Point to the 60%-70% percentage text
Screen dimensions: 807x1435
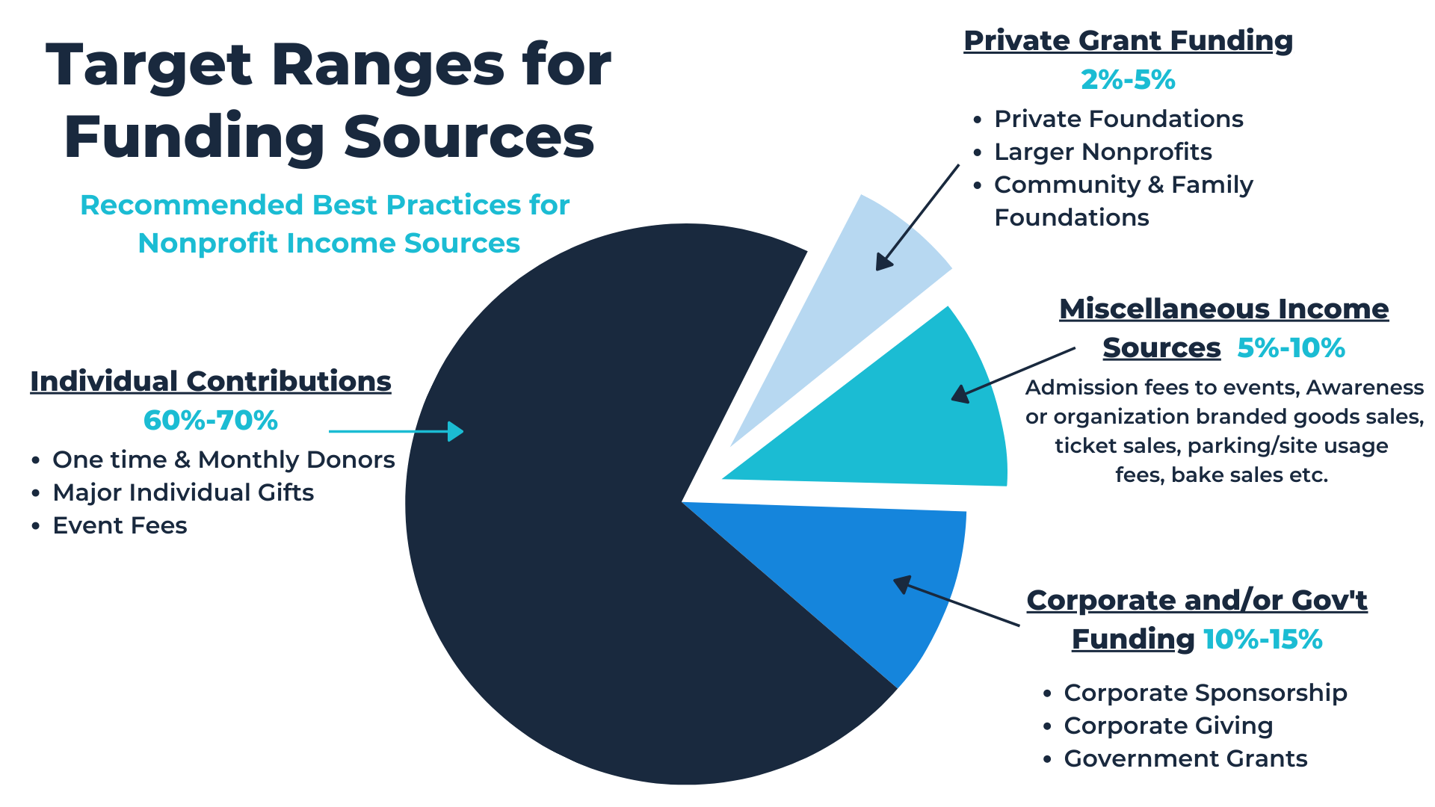tap(211, 421)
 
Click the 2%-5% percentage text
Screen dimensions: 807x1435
tap(1128, 80)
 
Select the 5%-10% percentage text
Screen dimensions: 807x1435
tap(1291, 348)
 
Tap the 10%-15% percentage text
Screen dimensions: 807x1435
tap(1262, 640)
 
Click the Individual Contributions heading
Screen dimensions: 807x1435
tap(211, 381)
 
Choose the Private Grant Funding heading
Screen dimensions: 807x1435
tap(1128, 40)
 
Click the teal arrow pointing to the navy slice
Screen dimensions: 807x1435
tap(396, 431)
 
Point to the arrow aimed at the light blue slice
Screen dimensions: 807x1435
tap(918, 217)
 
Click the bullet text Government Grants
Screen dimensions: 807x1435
tap(1185, 758)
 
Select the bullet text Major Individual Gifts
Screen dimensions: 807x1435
tap(183, 492)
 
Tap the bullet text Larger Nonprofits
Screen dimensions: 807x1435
tap(1102, 152)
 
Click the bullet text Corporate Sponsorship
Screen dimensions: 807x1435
tap(1205, 693)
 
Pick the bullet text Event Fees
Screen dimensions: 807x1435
tap(120, 525)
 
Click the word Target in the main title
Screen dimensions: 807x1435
tap(149, 66)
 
